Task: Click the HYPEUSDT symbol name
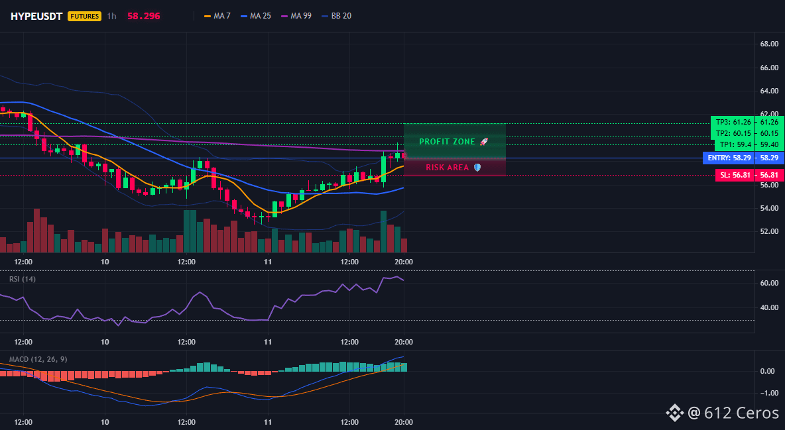[x=36, y=16]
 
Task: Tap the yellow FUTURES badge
[x=85, y=16]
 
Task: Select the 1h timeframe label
[x=111, y=16]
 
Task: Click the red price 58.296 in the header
[x=144, y=16]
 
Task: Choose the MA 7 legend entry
[x=217, y=16]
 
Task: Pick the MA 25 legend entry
[x=256, y=16]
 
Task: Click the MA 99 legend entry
[x=296, y=16]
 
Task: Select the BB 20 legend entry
[x=336, y=16]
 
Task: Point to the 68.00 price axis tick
[x=769, y=44]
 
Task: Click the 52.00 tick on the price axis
[x=769, y=231]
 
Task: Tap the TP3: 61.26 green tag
[x=733, y=122]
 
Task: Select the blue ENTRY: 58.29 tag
[x=729, y=158]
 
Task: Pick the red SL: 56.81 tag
[x=735, y=175]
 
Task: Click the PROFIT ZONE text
[x=447, y=142]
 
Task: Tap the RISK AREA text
[x=447, y=167]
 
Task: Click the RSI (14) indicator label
[x=23, y=279]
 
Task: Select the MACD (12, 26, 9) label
[x=38, y=359]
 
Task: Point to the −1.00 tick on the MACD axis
[x=768, y=393]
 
